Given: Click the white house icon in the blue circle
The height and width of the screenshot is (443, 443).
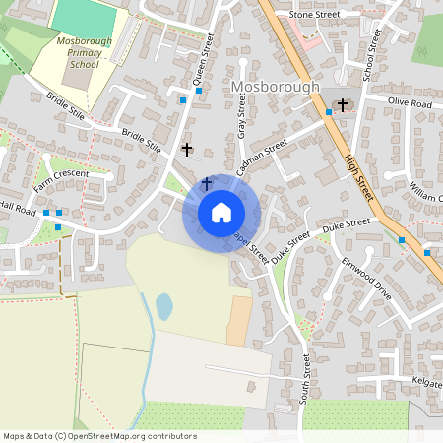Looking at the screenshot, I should (221, 212).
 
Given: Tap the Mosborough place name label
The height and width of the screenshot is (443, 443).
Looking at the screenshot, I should (277, 88).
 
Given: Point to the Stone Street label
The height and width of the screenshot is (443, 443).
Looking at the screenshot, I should (314, 16).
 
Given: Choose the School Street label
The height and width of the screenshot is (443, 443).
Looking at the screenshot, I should (371, 54).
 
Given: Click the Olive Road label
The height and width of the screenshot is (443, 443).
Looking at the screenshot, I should (410, 102).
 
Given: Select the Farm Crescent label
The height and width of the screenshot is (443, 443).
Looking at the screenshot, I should (60, 179).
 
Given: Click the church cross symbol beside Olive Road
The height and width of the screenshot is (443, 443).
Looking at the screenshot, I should (343, 104).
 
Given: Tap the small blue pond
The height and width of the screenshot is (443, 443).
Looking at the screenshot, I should (163, 307).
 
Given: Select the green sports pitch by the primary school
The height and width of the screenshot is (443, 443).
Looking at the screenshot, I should (84, 17).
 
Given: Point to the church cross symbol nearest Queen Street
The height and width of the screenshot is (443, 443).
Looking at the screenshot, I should (187, 150).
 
